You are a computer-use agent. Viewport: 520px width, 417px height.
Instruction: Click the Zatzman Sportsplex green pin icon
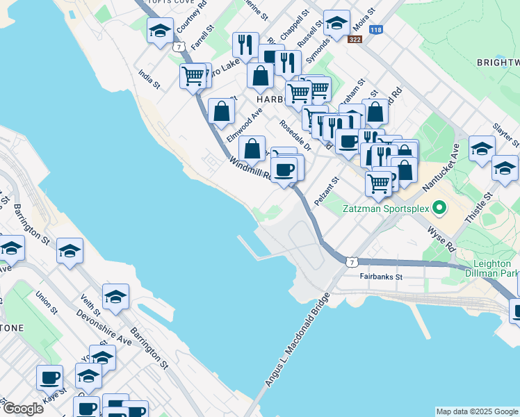439,208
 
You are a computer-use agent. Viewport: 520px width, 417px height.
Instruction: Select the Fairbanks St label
381,277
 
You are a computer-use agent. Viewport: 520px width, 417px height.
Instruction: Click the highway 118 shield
376,30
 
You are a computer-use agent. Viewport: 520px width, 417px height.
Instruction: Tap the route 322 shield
355,39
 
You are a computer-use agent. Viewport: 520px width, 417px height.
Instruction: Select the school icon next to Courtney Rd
160,31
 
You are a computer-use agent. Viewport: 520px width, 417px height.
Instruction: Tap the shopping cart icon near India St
192,76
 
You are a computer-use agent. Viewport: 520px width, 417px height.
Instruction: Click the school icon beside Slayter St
482,148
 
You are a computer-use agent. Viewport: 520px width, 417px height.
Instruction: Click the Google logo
22,409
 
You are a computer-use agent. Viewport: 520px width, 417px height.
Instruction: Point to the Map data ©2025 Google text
477,411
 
